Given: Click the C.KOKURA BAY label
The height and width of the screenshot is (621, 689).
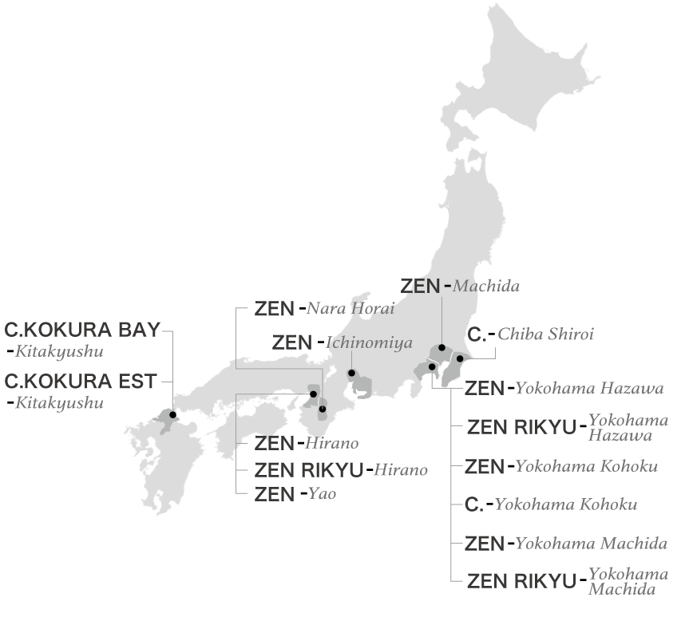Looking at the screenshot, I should pos(82,330).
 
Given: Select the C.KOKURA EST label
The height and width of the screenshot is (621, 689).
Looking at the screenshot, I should pos(81,382).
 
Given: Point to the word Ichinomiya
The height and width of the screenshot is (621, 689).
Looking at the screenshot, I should pos(369,342).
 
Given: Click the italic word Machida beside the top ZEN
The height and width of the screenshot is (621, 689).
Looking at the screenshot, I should pos(486,286).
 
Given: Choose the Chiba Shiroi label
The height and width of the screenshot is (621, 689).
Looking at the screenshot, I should pos(545,334).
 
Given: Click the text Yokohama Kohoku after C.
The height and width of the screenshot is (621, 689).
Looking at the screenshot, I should pos(565,505).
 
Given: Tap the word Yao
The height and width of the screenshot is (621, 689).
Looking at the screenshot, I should pos(322,494).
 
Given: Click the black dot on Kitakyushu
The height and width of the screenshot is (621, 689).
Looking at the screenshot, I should pos(173,414).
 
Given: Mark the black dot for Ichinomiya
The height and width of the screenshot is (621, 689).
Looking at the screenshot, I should pos(351,373).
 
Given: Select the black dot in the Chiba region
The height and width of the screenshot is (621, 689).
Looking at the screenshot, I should pos(460,358).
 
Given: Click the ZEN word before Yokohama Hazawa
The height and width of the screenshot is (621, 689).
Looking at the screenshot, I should pos(484,389).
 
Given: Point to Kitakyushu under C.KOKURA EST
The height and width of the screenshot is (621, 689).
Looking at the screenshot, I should pos(60,403).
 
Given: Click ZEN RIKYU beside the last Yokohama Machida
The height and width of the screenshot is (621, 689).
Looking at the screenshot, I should pos(521,582).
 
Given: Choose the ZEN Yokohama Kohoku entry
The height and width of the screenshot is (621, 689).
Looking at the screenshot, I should pos(562,466).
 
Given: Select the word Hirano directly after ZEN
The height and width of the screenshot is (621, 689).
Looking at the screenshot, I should pos(331,443).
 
